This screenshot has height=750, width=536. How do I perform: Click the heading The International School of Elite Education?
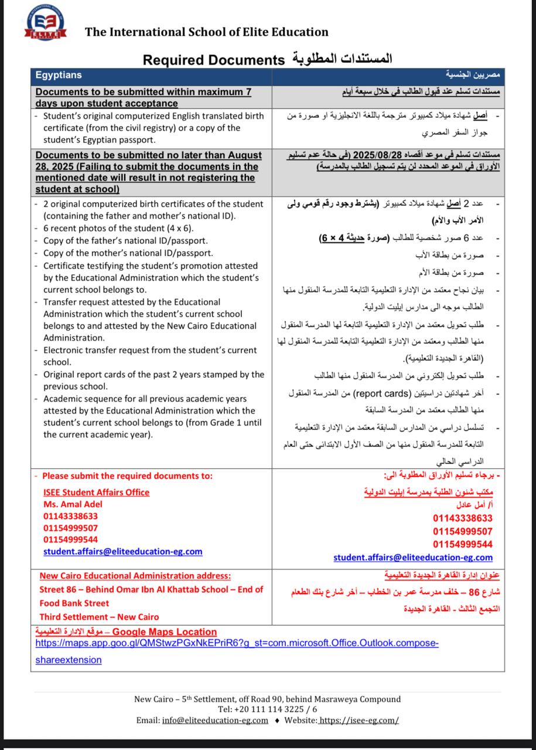coord(207,32)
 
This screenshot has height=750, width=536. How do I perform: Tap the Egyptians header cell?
coord(59,75)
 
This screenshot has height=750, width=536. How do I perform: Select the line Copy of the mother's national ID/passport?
coord(128,253)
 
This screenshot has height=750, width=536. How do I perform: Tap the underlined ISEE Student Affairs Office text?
coord(96,492)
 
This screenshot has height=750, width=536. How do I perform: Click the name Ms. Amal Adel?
coord(73,504)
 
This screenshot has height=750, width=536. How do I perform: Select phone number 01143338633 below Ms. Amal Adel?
coord(70,516)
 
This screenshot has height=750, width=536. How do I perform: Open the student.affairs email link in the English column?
coord(122,551)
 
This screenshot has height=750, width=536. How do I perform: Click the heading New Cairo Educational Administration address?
coord(135,575)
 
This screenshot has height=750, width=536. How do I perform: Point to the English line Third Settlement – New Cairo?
coord(99,616)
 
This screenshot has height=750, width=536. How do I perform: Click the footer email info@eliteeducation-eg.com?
coord(215,720)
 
